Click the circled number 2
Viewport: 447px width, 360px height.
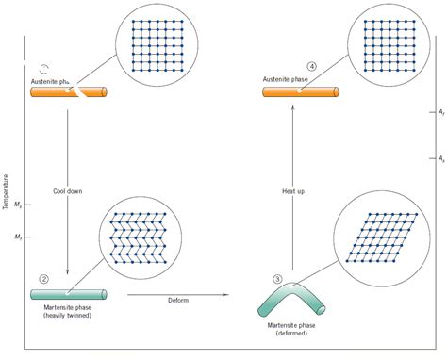click(43, 277)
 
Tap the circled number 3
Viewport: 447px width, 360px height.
click(277, 278)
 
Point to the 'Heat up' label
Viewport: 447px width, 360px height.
click(293, 191)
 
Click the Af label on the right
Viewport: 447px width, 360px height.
click(440, 112)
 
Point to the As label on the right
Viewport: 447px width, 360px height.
click(440, 158)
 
